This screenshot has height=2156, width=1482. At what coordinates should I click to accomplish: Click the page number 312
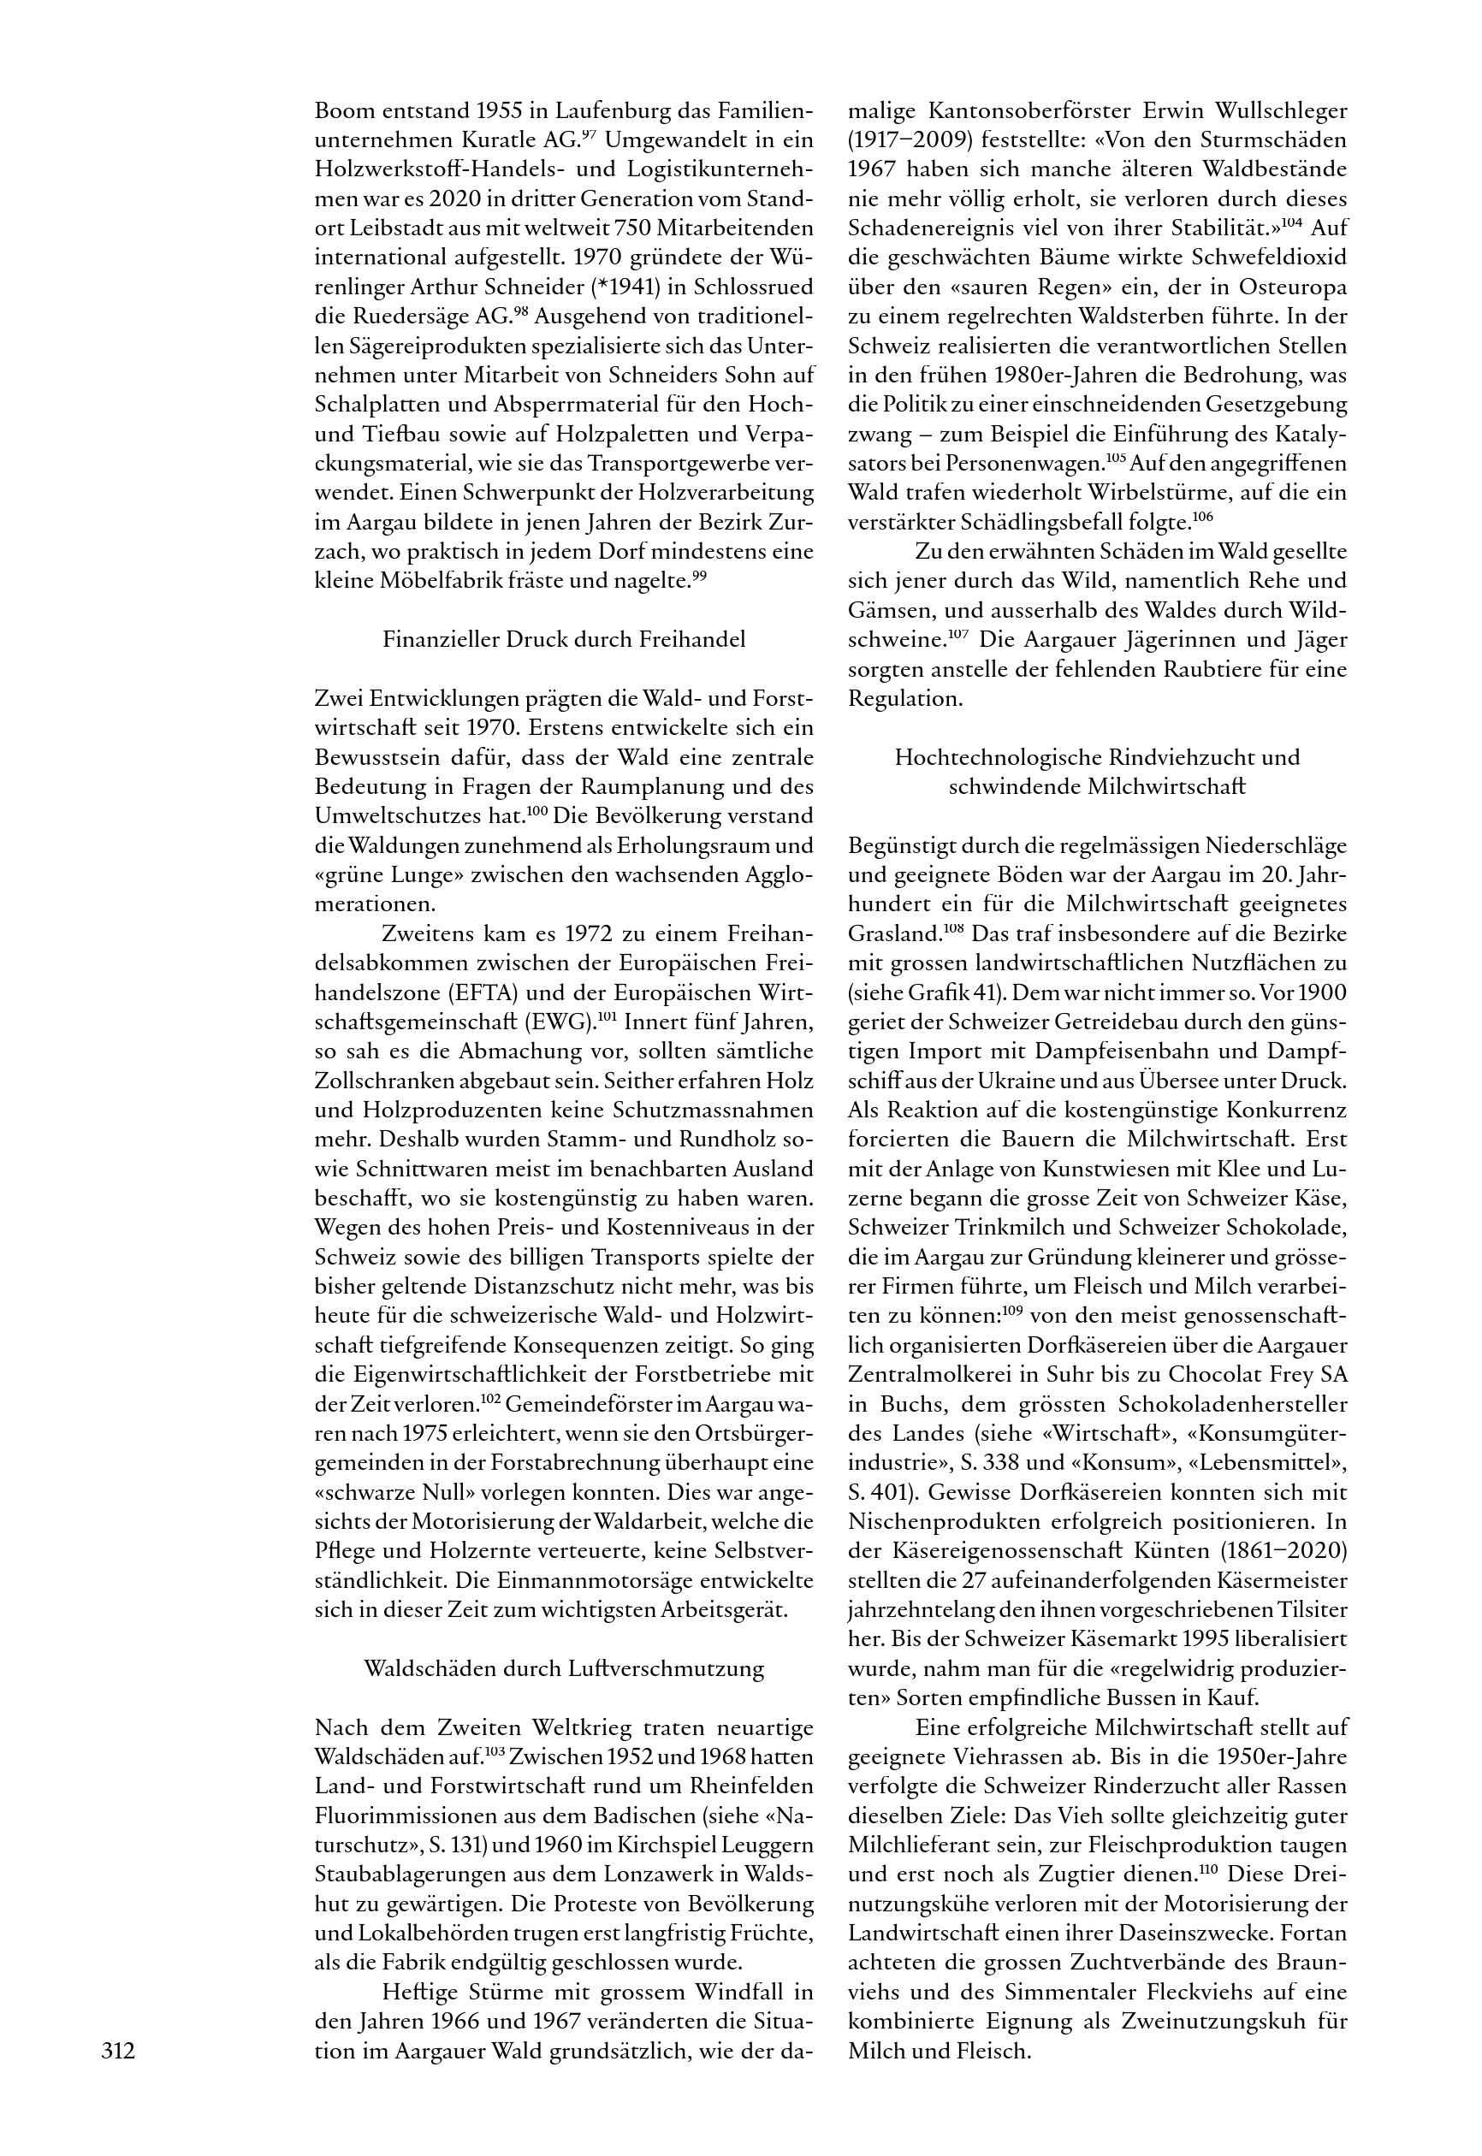(x=118, y=2050)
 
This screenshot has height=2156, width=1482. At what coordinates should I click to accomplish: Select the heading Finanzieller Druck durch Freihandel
(x=564, y=640)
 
